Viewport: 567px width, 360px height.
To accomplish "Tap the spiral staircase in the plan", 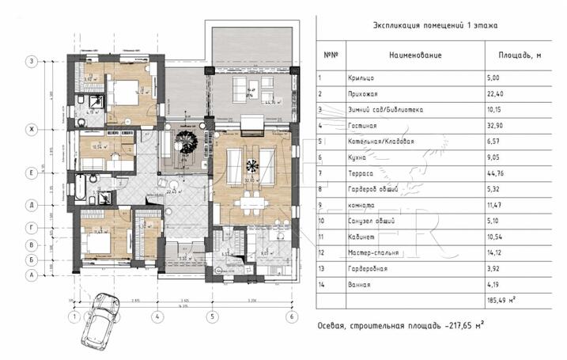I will coord(189,146).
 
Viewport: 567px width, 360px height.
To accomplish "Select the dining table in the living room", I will coord(252,203).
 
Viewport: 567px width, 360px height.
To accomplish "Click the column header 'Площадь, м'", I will coord(519,55).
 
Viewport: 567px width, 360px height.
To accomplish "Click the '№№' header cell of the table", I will coord(331,55).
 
